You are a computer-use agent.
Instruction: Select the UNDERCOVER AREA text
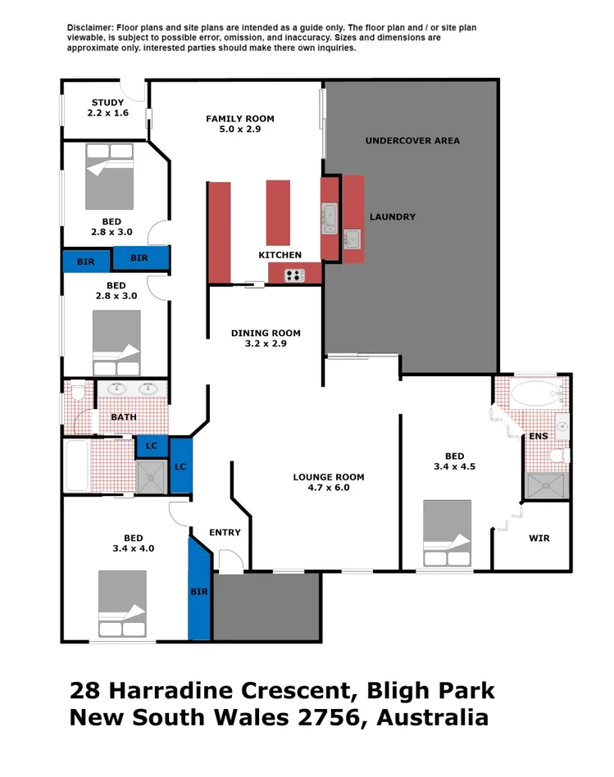412,141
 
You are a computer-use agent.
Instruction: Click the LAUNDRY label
392,217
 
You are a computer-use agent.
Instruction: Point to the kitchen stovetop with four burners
294,275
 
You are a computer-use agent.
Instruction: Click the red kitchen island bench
278,212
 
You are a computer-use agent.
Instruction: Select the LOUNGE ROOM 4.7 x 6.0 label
328,483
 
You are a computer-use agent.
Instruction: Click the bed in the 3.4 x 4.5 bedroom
447,533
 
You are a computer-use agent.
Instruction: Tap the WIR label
539,538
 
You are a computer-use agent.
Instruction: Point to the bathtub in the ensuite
534,394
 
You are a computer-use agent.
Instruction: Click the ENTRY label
225,533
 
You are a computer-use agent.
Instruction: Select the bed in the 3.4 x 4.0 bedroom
121,603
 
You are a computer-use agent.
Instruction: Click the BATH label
124,417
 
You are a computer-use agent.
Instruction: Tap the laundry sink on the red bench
352,239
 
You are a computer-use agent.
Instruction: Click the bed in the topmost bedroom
109,176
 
